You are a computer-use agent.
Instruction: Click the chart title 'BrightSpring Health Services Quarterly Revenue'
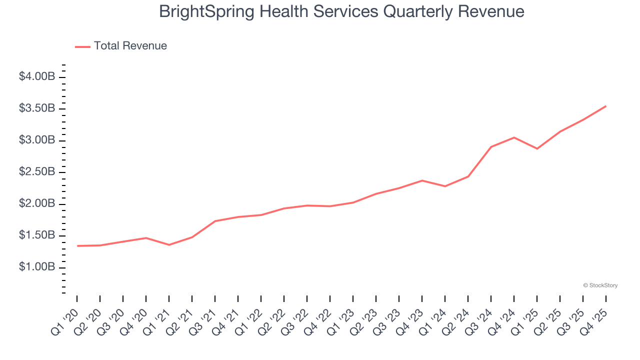[x=341, y=11]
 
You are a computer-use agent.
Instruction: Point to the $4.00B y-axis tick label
[x=37, y=77]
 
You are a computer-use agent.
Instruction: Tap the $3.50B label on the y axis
[x=37, y=108]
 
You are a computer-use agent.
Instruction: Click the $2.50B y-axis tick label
[x=37, y=172]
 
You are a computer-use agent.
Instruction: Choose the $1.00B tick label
[x=37, y=267]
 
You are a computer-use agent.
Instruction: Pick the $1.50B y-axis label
[x=37, y=235]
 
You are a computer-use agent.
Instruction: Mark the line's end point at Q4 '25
[x=606, y=106]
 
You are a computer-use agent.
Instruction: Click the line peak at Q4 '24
[x=514, y=137]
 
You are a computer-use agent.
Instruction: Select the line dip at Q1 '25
[x=537, y=148]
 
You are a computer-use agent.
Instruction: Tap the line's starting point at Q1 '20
[x=77, y=246]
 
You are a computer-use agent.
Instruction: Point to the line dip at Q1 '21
[x=169, y=245]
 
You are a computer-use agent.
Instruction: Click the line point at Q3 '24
[x=491, y=147]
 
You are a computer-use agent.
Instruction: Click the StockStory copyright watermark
[x=600, y=285]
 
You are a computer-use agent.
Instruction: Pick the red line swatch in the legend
[x=82, y=46]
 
